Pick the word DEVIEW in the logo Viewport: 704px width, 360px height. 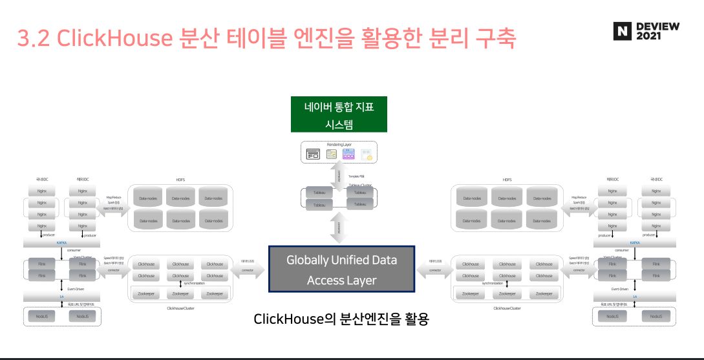(657, 26)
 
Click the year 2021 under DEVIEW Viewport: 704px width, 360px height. (649, 37)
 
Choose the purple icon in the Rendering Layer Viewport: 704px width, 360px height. (349, 154)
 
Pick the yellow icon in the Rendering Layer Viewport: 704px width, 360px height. (367, 154)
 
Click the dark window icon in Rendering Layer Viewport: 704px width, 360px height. (314, 154)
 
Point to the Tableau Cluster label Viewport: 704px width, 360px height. (361, 184)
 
